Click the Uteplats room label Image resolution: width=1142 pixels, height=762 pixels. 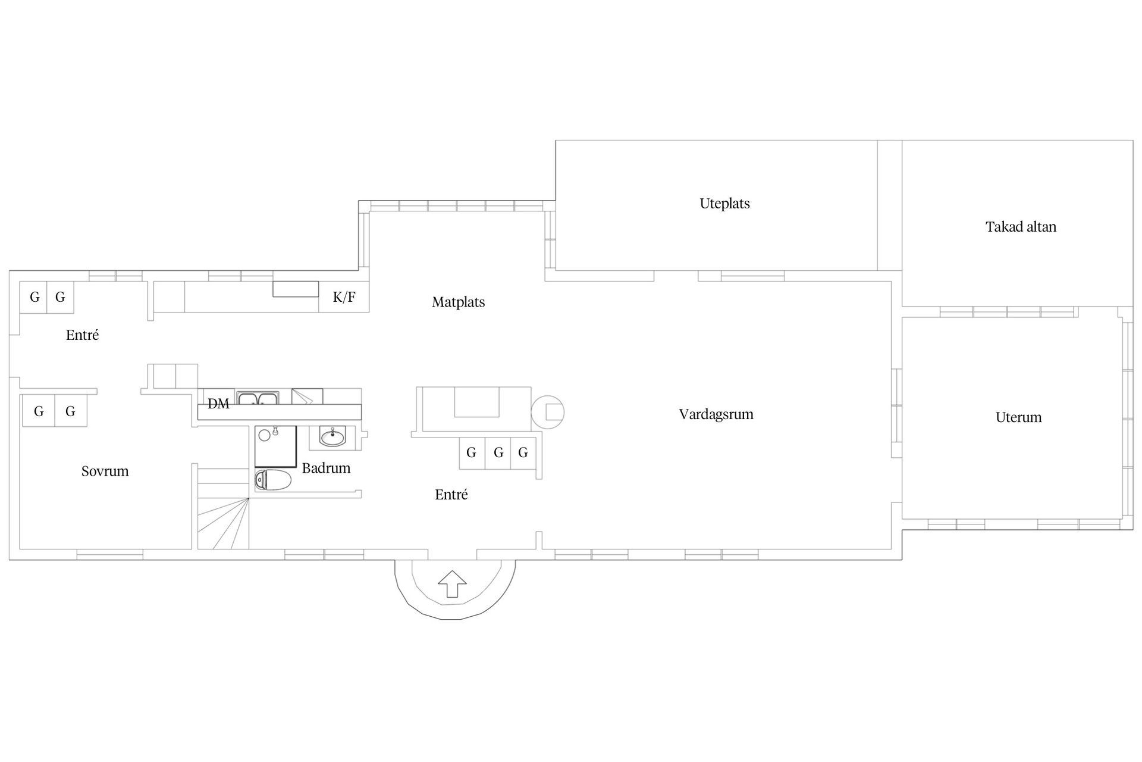[724, 204]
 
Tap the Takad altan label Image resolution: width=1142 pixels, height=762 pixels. [1021, 227]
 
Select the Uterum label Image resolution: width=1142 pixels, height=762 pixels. [1018, 417]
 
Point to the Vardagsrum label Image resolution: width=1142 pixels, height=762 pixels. [716, 414]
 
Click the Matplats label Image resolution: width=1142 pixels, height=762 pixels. [458, 302]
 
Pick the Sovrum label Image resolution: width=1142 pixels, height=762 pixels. [105, 471]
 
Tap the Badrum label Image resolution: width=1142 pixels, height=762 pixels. [326, 468]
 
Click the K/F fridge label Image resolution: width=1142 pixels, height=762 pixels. [344, 297]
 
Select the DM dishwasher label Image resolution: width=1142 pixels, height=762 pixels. [218, 404]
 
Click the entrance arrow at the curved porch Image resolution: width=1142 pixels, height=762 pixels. [453, 583]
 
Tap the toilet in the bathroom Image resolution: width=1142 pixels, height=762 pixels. [274, 480]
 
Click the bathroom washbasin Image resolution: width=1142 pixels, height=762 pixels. [332, 438]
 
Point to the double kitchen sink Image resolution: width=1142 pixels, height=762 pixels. [258, 398]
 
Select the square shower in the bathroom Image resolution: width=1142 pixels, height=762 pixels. [275, 446]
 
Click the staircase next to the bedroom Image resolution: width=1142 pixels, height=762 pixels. [223, 508]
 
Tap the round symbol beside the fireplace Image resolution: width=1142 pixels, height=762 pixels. [547, 412]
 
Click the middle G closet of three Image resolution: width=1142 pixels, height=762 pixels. [498, 453]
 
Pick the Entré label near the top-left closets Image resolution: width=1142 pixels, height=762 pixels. [82, 335]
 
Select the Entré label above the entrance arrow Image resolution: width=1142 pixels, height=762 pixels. [451, 495]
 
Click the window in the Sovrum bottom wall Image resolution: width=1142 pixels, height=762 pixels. [110, 555]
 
